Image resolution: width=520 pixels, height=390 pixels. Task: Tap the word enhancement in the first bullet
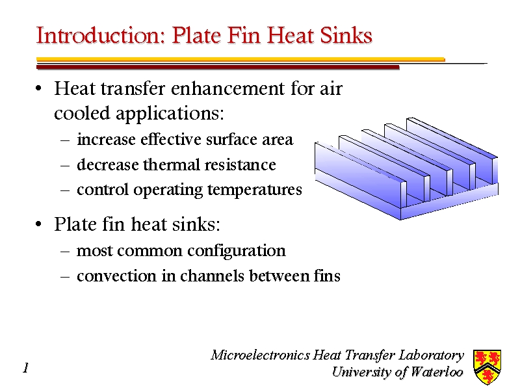tap(228, 88)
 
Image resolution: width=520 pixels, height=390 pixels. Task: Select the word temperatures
tap(255, 190)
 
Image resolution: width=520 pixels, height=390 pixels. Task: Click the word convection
tap(116, 276)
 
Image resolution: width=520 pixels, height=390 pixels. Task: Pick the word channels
tap(212, 276)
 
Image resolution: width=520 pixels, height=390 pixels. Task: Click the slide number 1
tap(26, 368)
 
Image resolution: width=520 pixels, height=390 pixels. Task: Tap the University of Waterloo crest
tap(487, 367)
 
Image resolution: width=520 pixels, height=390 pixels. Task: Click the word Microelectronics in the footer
tap(260, 355)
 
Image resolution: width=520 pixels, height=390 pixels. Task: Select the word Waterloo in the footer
tap(436, 372)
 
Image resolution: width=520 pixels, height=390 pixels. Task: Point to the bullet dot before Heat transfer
tap(39, 89)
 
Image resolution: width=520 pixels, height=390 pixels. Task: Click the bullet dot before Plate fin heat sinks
tap(39, 224)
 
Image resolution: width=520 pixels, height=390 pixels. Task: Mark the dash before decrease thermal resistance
tap(66, 165)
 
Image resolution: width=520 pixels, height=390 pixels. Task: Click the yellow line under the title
tap(240, 60)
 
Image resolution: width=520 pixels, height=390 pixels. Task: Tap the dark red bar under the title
tap(218, 68)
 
